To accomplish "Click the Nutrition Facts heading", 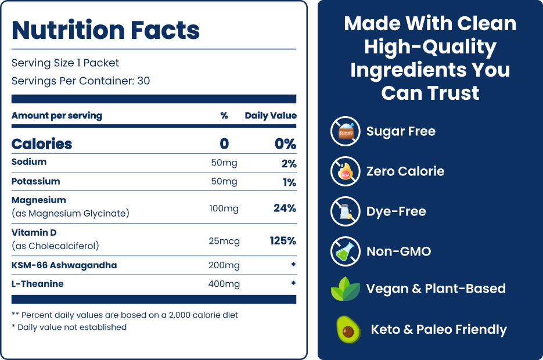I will point(106,30).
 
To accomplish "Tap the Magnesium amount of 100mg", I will point(224,208).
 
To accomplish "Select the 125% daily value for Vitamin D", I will point(283,240).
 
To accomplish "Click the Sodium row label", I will point(29,162).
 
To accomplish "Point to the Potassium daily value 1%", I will point(289,182).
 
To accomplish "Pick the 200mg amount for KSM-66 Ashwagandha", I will point(224,265).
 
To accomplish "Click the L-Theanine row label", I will point(38,284).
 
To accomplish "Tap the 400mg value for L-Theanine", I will point(224,284).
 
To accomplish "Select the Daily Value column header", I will point(270,116).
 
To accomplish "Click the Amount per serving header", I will point(57,116).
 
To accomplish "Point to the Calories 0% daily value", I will point(285,144).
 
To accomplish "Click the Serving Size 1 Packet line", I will point(65,63).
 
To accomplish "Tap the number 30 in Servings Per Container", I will point(143,81).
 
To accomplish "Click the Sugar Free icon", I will point(346,131).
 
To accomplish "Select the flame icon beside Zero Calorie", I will point(346,171).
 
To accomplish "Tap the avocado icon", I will point(348,329).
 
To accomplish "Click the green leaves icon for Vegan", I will point(346,289).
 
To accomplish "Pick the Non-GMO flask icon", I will point(346,251).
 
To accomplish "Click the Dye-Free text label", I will point(396,211).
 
